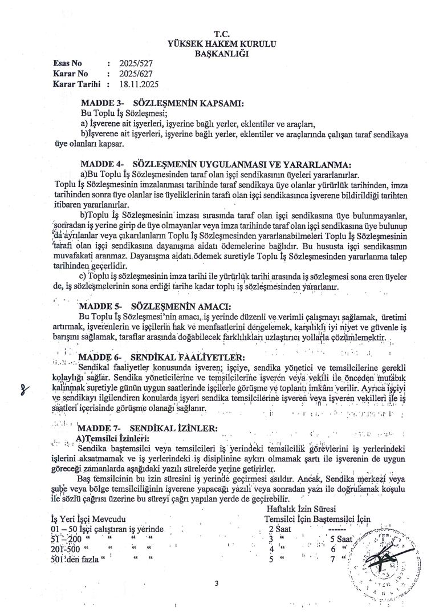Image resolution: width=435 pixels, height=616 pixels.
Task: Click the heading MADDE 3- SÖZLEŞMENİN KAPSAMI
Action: pyautogui.click(x=162, y=104)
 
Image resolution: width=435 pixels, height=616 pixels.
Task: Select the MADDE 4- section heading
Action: pyautogui.click(x=216, y=164)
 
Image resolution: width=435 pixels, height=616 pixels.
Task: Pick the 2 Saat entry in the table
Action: pyautogui.click(x=280, y=529)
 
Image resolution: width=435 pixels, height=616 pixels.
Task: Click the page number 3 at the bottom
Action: pyautogui.click(x=217, y=583)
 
